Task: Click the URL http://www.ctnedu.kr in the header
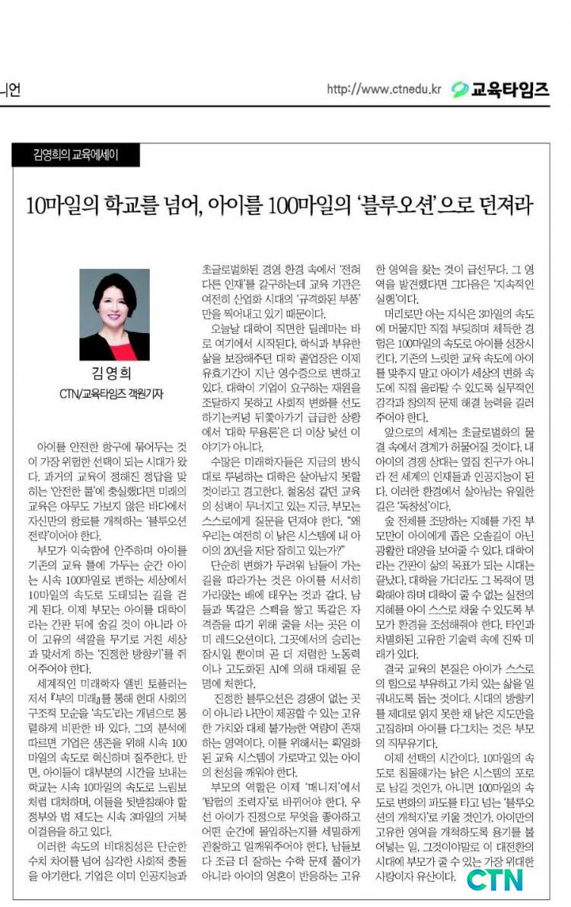[384, 90]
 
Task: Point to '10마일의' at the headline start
[57, 205]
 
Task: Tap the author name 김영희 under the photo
[114, 375]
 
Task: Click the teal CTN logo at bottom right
[495, 879]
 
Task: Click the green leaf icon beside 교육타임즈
[459, 90]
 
